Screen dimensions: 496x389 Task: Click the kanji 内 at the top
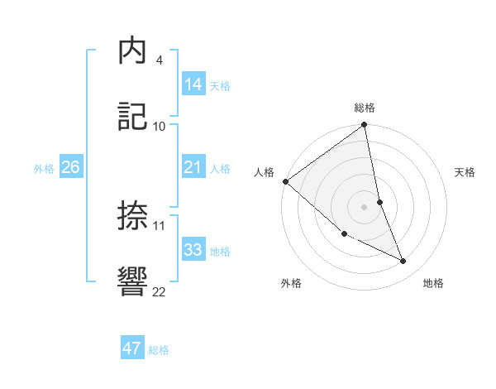pos(133,51)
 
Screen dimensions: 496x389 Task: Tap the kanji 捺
pos(133,216)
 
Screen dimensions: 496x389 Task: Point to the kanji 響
pos(133,281)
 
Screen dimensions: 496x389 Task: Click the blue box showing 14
pos(193,84)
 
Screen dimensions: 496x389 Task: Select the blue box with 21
pos(193,167)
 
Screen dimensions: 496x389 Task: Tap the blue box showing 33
pos(193,250)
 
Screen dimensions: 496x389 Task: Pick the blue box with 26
pos(70,167)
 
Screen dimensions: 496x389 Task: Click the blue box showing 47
pos(132,348)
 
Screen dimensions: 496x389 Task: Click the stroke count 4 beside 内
pos(159,60)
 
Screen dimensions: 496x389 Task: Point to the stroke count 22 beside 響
pos(160,291)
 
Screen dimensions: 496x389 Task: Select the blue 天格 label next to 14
pos(220,85)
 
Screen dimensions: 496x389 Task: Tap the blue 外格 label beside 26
pos(44,168)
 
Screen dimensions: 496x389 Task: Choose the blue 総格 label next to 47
pos(159,350)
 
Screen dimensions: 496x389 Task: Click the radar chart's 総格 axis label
pos(365,108)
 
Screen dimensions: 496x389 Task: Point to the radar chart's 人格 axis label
pos(264,172)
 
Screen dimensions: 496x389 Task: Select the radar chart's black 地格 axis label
pos(433,283)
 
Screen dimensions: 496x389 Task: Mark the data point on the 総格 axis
pos(365,126)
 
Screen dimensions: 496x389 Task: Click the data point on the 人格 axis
pos(285,181)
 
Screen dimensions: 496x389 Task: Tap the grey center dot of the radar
pos(365,207)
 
